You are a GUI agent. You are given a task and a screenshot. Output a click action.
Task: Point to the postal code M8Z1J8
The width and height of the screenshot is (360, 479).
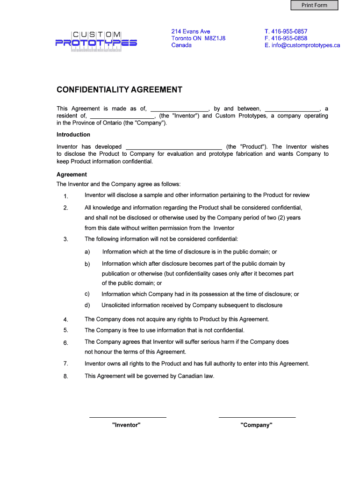[215, 38]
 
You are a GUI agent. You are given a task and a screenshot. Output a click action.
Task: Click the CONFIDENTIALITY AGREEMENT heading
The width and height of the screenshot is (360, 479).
[119, 90]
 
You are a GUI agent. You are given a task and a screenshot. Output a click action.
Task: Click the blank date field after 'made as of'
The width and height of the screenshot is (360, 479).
[179, 109]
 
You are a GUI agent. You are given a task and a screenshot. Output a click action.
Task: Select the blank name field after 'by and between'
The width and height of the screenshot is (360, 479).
[292, 109]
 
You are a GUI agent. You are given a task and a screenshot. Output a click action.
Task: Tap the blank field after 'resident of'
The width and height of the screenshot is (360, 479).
[122, 116]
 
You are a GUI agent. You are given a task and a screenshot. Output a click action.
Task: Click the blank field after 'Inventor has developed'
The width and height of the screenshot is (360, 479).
[174, 147]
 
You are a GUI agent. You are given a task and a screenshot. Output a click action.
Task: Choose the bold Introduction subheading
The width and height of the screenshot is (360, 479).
[73, 135]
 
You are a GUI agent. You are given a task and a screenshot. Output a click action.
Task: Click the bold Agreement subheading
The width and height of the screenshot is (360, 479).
[72, 174]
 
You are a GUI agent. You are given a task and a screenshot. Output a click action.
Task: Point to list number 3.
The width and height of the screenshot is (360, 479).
[66, 239]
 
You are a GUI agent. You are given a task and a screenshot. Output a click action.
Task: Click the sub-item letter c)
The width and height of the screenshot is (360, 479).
[87, 294]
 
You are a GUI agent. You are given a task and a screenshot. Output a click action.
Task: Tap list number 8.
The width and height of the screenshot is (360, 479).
[66, 377]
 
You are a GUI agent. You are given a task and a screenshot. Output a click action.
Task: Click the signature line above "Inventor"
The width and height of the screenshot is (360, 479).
[127, 416]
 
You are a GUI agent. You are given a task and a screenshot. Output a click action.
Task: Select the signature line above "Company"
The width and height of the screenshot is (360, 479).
[257, 416]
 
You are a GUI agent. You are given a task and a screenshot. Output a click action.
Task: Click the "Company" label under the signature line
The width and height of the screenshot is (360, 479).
[256, 425]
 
